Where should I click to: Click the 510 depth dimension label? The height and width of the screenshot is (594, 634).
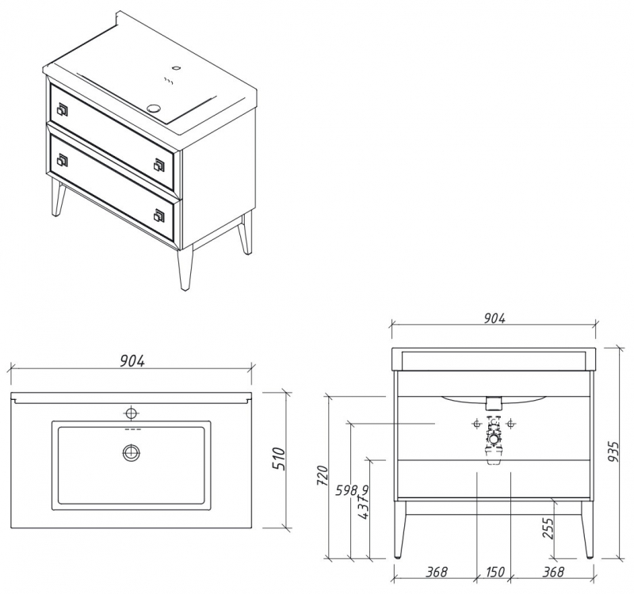pyautogui.click(x=279, y=459)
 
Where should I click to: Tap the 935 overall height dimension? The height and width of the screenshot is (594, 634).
pyautogui.click(x=613, y=452)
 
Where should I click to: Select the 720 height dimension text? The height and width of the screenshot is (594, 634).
pyautogui.click(x=323, y=476)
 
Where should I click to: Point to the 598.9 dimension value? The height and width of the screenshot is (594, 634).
pyautogui.click(x=352, y=490)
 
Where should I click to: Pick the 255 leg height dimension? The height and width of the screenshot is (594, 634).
pyautogui.click(x=548, y=527)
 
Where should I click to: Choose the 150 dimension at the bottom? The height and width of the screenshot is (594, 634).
pyautogui.click(x=495, y=572)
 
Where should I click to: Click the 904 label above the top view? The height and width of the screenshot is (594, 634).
pyautogui.click(x=132, y=361)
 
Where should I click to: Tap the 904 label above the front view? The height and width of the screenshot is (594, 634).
pyautogui.click(x=495, y=318)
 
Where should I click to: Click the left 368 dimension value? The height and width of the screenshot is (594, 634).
pyautogui.click(x=437, y=572)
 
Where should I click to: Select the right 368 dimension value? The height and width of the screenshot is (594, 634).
pyautogui.click(x=552, y=572)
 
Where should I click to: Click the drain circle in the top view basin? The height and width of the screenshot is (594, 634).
pyautogui.click(x=131, y=451)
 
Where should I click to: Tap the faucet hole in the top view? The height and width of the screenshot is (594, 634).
pyautogui.click(x=131, y=413)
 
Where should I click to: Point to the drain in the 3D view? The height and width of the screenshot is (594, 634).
pyautogui.click(x=154, y=108)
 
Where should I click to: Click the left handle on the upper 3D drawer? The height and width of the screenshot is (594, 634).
pyautogui.click(x=63, y=109)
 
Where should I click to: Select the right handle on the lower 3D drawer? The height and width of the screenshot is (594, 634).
pyautogui.click(x=159, y=215)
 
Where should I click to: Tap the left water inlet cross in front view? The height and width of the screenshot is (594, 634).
pyautogui.click(x=477, y=424)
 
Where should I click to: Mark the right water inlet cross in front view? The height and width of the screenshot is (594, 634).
pyautogui.click(x=511, y=424)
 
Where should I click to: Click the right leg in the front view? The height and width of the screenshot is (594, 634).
pyautogui.click(x=587, y=530)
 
